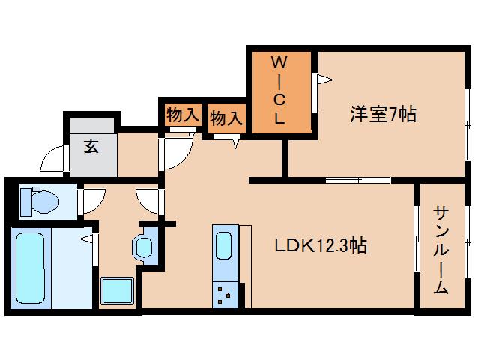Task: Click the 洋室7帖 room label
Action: pos(383,115)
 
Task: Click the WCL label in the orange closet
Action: pos(278,88)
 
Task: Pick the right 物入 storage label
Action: pos(226,118)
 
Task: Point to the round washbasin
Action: pos(142,245)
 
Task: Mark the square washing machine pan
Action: pos(117,291)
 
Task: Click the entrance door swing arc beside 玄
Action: pos(55,160)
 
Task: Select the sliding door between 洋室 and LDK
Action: pos(358,180)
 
